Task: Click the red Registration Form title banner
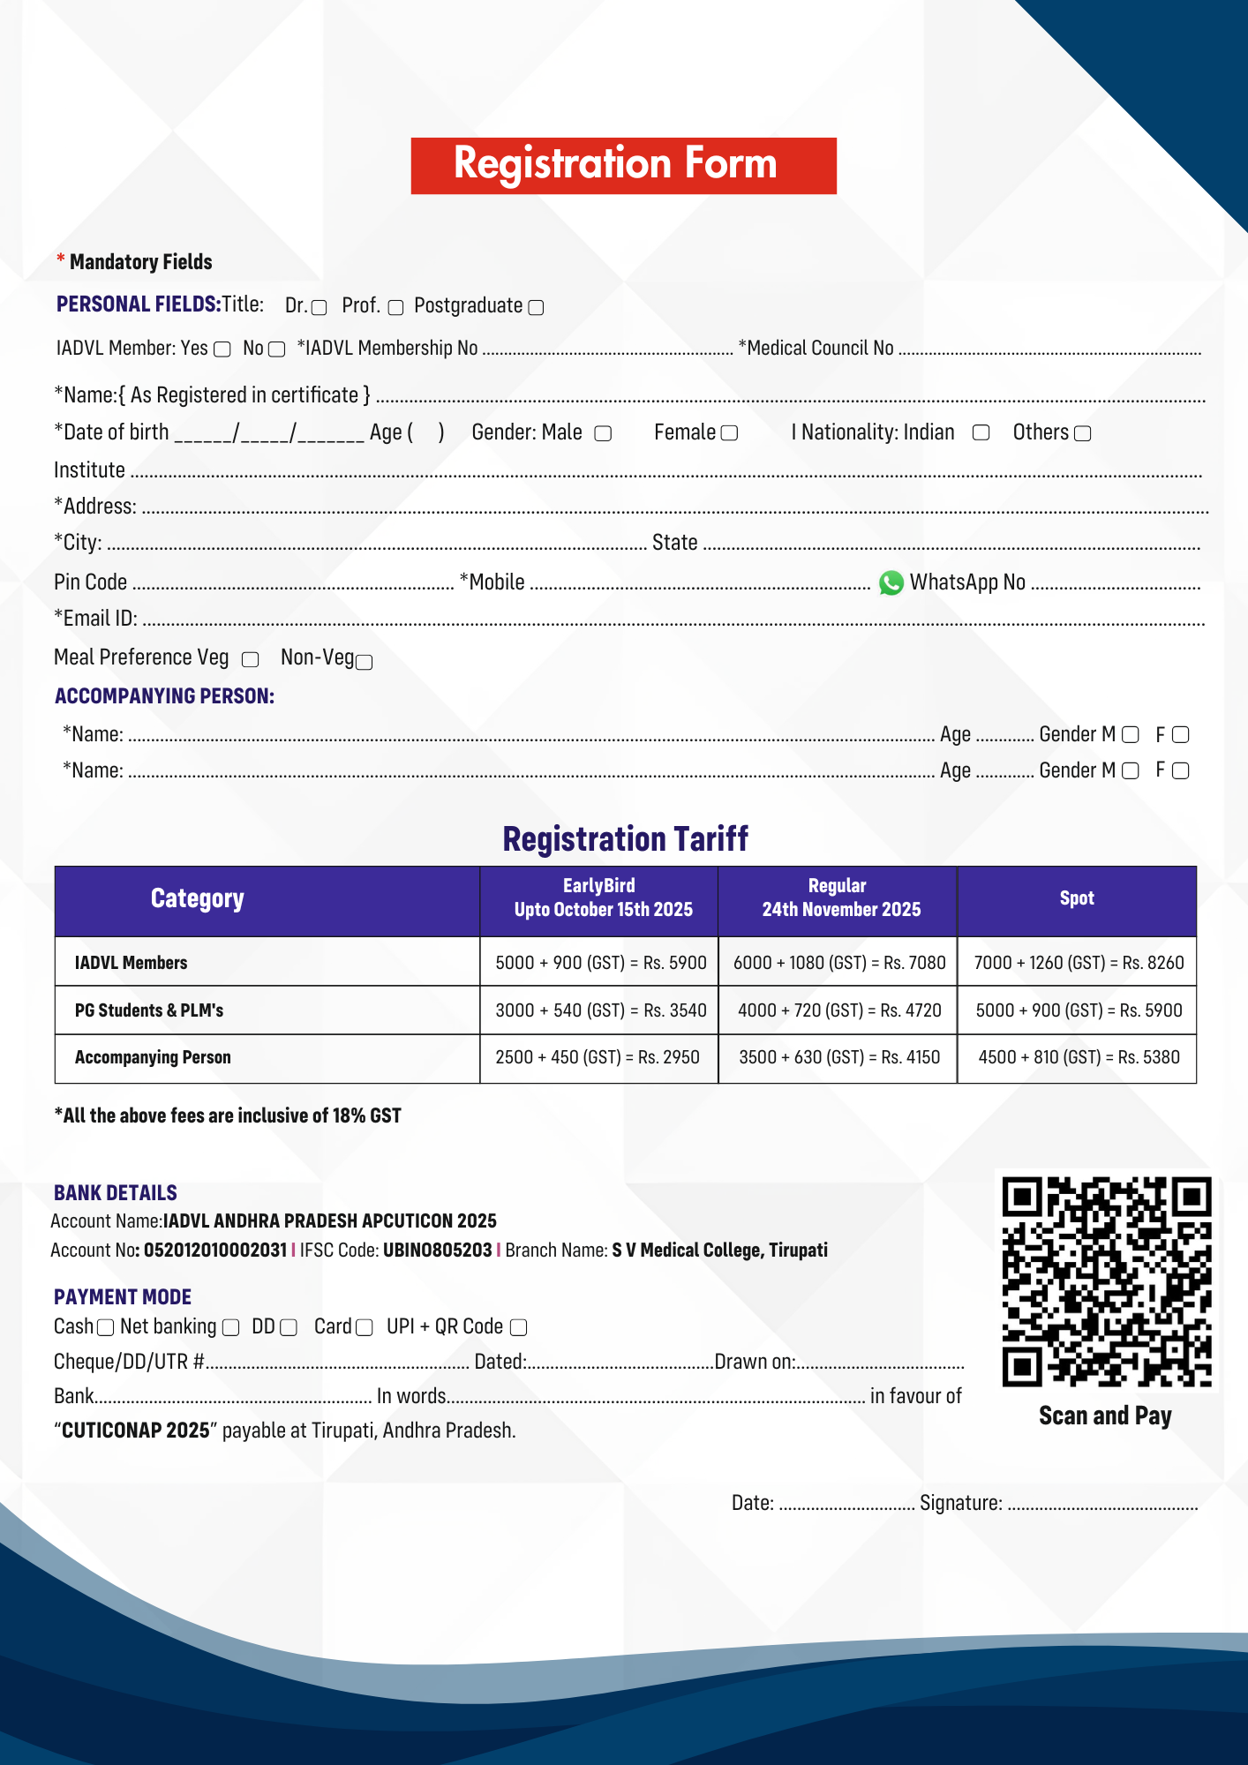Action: [x=623, y=165]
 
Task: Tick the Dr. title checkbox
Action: [x=320, y=307]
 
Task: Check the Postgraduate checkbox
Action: [x=536, y=307]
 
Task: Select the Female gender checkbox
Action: [x=729, y=433]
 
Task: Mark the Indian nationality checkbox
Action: [x=981, y=432]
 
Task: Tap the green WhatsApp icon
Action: [x=891, y=582]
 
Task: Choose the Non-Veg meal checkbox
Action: [x=364, y=662]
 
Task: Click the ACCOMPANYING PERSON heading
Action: [x=164, y=696]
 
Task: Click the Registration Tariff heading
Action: [x=625, y=838]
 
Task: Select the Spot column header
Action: [x=1076, y=898]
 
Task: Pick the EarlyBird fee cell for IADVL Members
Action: [x=600, y=963]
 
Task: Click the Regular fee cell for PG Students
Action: [x=838, y=1010]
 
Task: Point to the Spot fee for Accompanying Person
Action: [x=1078, y=1057]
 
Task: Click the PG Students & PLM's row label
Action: [x=149, y=1010]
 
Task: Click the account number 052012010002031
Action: [x=215, y=1250]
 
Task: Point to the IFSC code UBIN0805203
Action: [x=437, y=1250]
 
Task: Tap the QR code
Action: [x=1106, y=1281]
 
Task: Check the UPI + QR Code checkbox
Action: [x=519, y=1327]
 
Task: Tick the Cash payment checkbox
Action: [x=105, y=1327]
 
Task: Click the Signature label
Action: [x=960, y=1503]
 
